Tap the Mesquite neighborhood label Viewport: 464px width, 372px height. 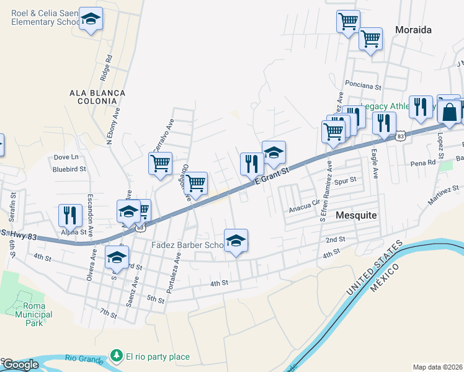click(356, 215)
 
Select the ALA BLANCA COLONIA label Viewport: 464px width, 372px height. click(97, 98)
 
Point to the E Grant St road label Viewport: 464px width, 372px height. click(272, 174)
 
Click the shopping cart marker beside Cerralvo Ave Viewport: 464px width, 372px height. click(160, 164)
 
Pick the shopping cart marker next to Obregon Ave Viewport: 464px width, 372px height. click(196, 183)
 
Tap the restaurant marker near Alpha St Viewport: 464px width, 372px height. click(70, 215)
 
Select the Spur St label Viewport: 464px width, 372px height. click(346, 180)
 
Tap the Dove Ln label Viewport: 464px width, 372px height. click(66, 157)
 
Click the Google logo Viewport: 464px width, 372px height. click(20, 365)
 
